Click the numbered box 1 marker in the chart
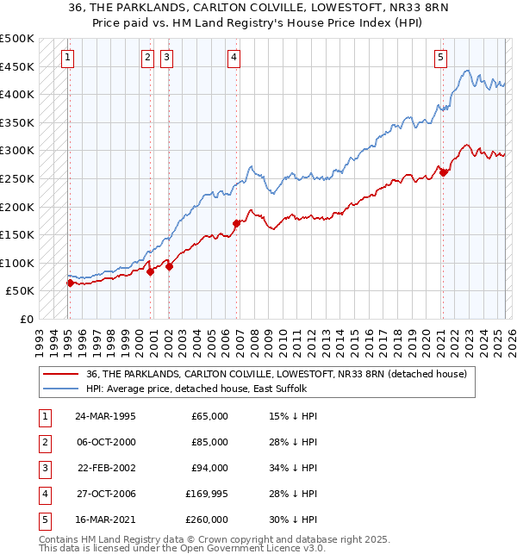[x=67, y=58]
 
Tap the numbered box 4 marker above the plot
[x=234, y=58]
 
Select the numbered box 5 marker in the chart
[x=440, y=58]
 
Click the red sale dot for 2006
[x=236, y=223]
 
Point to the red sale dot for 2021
[x=443, y=172]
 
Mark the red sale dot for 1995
[x=70, y=282]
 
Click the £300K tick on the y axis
[x=18, y=150]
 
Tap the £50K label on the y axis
[x=22, y=291]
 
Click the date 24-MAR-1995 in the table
[x=104, y=416]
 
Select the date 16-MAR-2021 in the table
[x=104, y=520]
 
